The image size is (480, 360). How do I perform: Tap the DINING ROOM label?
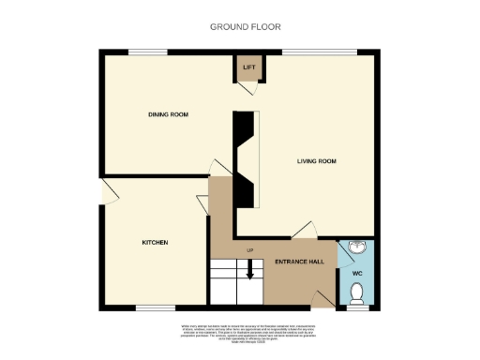(x=168, y=114)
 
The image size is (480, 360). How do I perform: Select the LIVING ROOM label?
(x=317, y=161)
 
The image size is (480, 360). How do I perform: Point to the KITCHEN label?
(x=155, y=243)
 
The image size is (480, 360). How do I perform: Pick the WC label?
(x=356, y=274)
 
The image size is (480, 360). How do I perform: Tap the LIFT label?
(x=249, y=67)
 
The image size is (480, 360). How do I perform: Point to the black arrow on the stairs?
(x=251, y=270)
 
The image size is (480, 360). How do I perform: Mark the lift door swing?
(x=246, y=86)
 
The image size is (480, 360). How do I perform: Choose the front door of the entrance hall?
(x=322, y=299)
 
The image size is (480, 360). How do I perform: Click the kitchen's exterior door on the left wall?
(x=108, y=192)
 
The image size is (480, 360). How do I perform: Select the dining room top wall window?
(x=142, y=51)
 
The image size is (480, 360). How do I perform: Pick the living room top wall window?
(x=312, y=51)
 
